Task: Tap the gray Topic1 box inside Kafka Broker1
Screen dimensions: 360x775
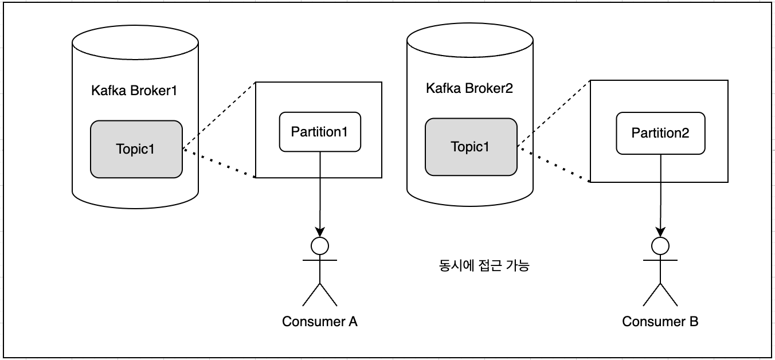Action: [x=136, y=148]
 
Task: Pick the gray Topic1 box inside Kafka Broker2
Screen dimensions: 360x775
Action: [x=471, y=146]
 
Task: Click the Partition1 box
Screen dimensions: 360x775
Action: [x=320, y=131]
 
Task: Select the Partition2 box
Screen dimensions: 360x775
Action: [x=660, y=133]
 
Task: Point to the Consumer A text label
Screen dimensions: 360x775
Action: [x=320, y=321]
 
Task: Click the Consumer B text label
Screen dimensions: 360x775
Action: [x=660, y=321]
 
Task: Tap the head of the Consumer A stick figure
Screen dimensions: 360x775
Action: [x=320, y=245]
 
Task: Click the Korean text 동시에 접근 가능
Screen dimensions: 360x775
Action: [x=480, y=266]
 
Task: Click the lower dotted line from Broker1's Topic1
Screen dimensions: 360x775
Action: [x=218, y=164]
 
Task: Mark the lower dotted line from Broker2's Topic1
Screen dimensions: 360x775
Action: [x=553, y=165]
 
